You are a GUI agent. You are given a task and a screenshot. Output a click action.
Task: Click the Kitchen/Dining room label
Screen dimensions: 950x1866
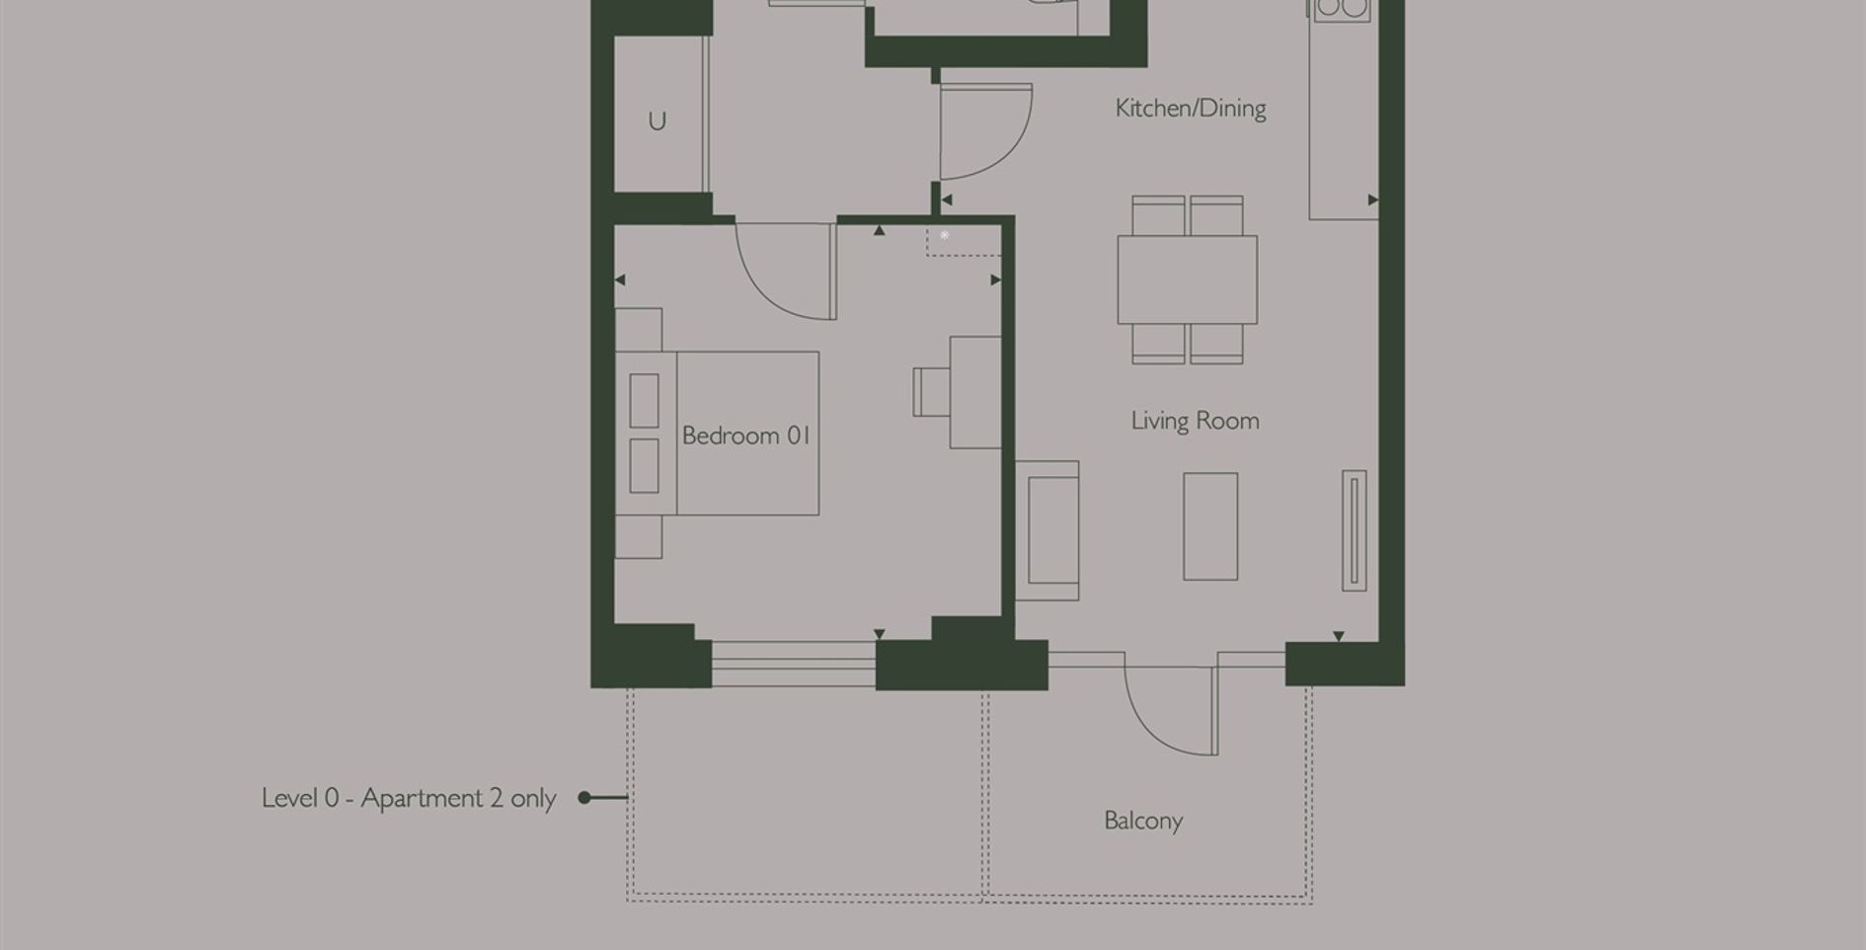point(1190,109)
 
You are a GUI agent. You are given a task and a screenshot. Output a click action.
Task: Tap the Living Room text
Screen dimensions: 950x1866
point(1195,421)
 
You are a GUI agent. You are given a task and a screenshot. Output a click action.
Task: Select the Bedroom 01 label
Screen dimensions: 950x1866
point(745,435)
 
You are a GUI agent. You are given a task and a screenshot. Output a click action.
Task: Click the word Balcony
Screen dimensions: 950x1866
point(1142,821)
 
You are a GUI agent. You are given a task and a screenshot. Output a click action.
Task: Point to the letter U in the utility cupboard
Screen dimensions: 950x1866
point(657,121)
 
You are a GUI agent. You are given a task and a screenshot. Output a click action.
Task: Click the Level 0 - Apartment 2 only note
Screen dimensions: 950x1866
point(409,798)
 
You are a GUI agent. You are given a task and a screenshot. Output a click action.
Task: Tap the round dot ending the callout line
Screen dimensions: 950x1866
point(584,798)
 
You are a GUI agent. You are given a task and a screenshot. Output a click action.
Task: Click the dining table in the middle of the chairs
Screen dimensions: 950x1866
point(1187,279)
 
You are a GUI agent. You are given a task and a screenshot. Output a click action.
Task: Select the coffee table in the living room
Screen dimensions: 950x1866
point(1210,526)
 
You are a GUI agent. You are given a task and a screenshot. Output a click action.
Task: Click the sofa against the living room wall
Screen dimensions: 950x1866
point(1049,530)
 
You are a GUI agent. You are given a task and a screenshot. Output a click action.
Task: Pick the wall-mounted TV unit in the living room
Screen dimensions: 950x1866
point(1355,531)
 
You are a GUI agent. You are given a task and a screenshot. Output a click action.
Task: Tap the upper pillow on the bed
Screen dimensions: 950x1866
point(644,400)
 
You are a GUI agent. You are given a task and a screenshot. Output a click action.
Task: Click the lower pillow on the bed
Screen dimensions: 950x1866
point(644,465)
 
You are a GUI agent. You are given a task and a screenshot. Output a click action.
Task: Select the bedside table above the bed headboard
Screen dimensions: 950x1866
point(638,329)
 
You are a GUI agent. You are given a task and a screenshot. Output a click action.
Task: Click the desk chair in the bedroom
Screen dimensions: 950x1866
point(930,392)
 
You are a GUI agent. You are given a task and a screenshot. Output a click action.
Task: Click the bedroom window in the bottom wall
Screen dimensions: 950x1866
point(793,664)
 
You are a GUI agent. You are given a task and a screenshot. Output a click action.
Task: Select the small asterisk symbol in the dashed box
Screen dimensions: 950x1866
point(945,235)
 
